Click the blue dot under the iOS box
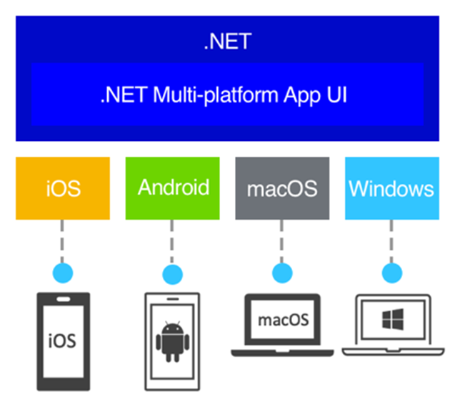(63, 273)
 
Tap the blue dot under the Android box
(173, 273)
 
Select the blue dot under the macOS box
(283, 273)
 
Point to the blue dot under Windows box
(391, 273)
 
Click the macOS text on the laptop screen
(283, 319)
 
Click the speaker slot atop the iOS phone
(63, 300)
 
